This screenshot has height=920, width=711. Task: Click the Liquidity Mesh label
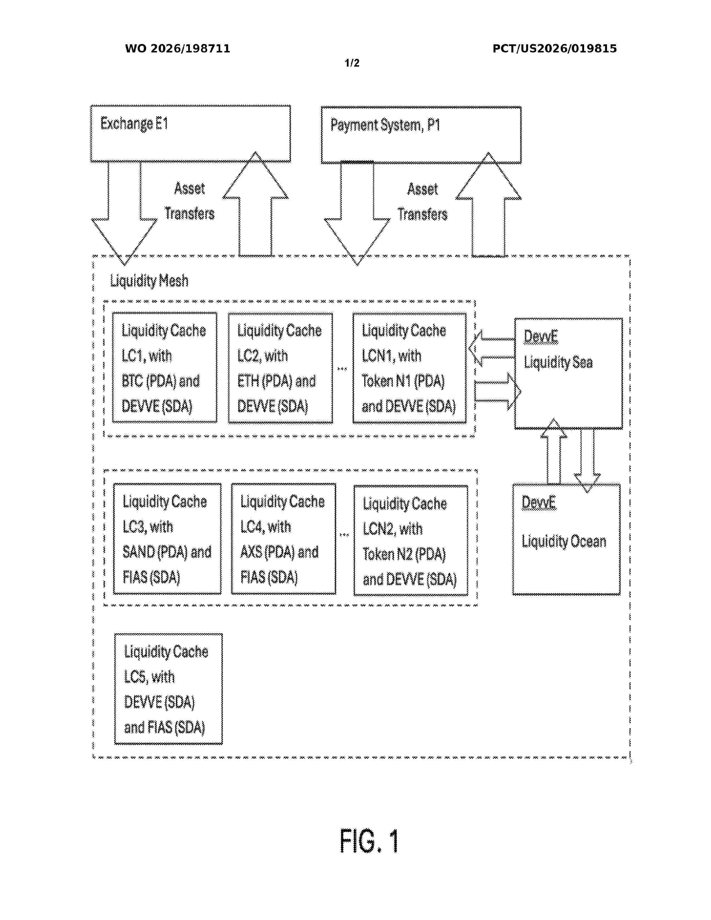click(x=149, y=280)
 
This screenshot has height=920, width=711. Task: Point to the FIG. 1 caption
click(x=369, y=841)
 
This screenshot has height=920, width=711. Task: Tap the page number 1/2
click(x=352, y=63)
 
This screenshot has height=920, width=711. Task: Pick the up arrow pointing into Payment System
click(x=488, y=204)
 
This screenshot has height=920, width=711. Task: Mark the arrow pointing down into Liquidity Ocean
click(x=587, y=461)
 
